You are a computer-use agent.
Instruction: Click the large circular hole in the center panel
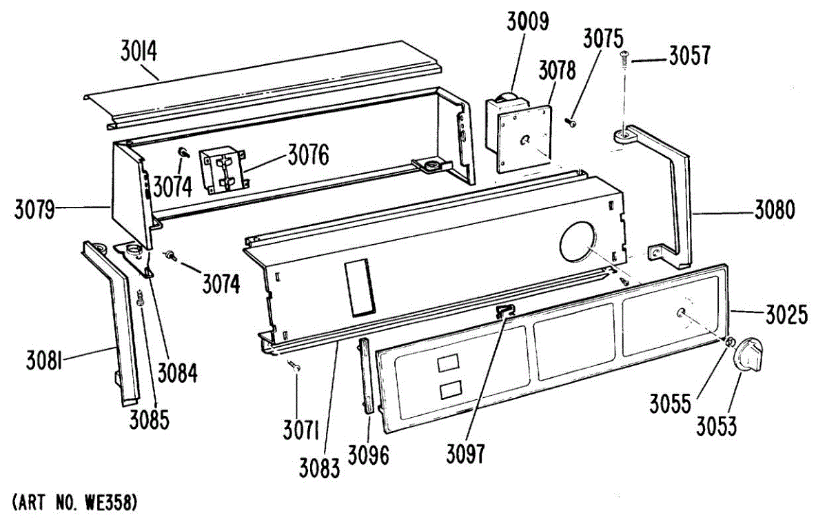tap(580, 243)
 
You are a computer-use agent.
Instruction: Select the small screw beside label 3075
tap(571, 122)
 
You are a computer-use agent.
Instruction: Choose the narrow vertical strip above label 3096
tap(365, 376)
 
